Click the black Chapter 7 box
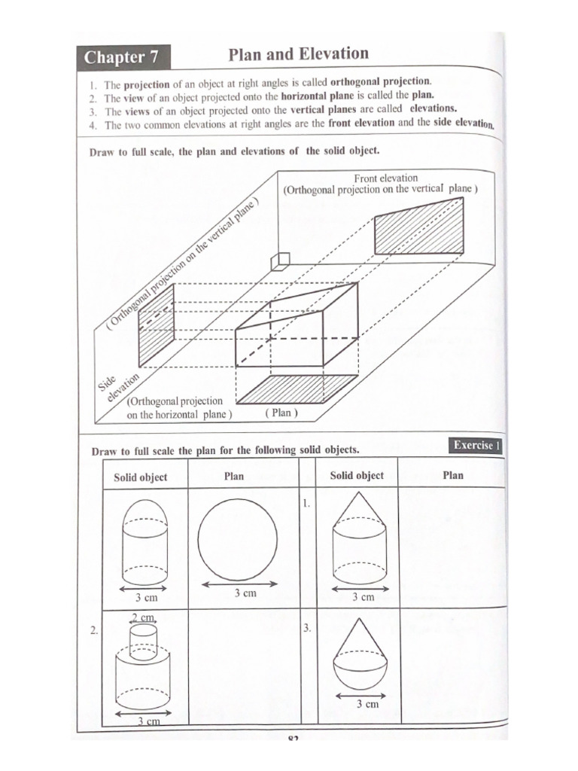122,57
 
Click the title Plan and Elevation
298,54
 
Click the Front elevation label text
385,178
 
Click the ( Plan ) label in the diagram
281,413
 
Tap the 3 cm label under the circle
244,593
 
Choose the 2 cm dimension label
144,617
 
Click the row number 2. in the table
94,632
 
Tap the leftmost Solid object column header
140,477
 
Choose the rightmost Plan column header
453,476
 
